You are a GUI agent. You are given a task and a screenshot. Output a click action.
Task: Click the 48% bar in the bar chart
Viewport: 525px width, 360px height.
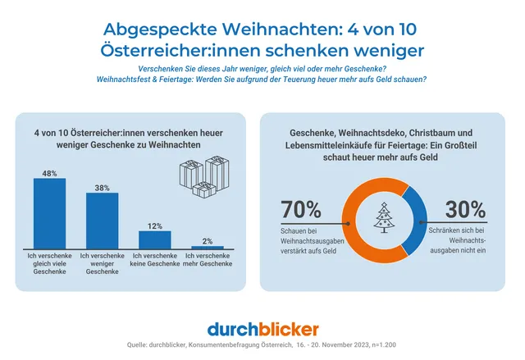[x=49, y=213]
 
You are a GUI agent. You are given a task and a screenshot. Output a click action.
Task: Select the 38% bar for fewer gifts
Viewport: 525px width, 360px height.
[x=102, y=221]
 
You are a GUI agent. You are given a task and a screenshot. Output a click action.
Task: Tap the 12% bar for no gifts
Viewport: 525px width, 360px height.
[x=154, y=239]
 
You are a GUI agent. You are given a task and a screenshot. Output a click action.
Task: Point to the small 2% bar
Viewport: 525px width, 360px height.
[x=207, y=247]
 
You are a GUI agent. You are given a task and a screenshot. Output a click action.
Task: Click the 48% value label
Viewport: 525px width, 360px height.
[x=49, y=173]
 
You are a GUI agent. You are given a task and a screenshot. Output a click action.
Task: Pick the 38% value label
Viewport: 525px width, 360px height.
[x=102, y=187]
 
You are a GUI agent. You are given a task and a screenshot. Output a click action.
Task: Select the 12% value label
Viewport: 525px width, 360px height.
[x=154, y=226]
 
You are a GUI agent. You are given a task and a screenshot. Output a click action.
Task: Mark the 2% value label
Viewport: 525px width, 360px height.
[x=207, y=240]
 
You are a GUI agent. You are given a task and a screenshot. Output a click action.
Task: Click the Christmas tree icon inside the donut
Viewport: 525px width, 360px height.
[x=384, y=216]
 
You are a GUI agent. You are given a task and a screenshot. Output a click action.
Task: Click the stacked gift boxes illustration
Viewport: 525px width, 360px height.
[x=203, y=175]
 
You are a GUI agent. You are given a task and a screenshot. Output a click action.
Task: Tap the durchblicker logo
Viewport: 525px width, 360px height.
[x=262, y=329]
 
